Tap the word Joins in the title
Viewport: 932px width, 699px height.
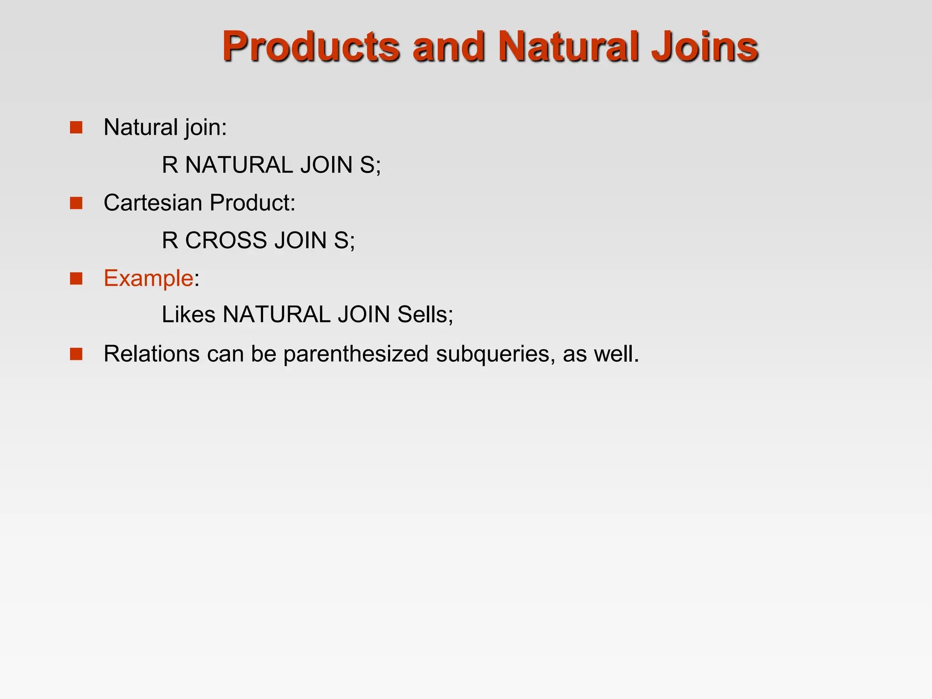tap(704, 46)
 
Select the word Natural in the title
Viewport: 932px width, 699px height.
tap(568, 46)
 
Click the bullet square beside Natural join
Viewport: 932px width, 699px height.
tap(76, 127)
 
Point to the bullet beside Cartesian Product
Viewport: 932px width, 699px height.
tap(76, 203)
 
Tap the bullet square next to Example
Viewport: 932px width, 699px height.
tap(76, 279)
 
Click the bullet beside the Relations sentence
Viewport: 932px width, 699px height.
tap(76, 354)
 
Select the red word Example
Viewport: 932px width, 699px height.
tap(148, 278)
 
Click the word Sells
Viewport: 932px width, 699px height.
tap(423, 314)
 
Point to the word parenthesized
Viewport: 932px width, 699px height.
tap(356, 354)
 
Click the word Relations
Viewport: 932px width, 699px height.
tap(152, 354)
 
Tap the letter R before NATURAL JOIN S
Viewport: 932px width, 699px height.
tap(170, 165)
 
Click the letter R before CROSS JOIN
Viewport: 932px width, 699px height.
tap(170, 240)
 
